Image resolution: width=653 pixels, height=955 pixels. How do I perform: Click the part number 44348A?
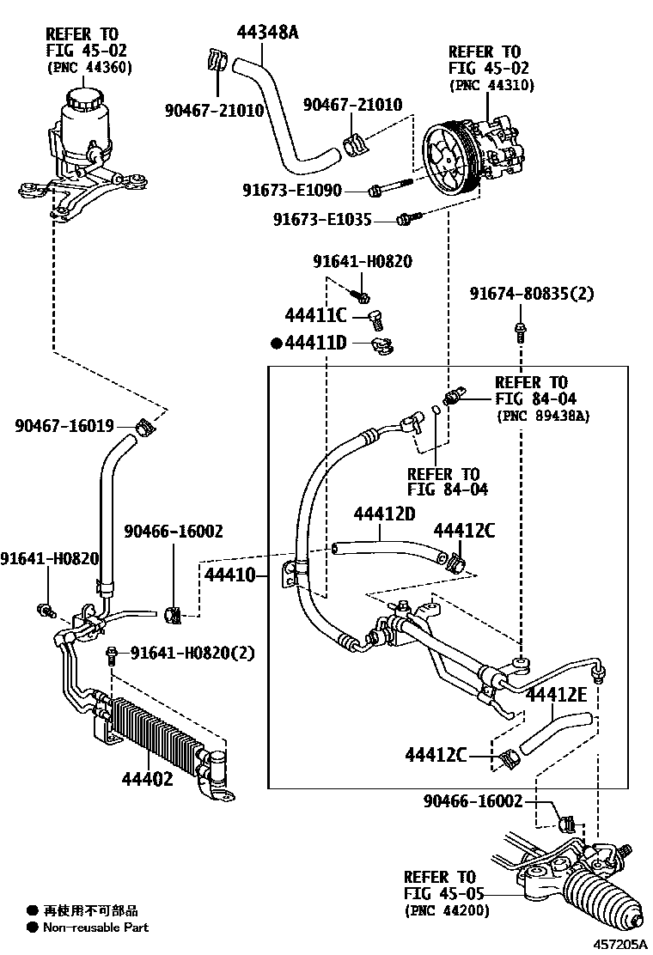tap(267, 32)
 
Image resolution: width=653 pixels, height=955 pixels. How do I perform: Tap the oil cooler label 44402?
tap(148, 778)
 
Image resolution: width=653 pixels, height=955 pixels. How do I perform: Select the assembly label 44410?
tap(229, 575)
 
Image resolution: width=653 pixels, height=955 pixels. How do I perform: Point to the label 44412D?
tap(384, 514)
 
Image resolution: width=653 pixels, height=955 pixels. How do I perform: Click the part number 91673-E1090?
tap(292, 190)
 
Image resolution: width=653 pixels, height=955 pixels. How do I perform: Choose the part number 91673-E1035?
tap(322, 219)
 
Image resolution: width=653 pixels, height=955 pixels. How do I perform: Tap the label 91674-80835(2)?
tap(531, 294)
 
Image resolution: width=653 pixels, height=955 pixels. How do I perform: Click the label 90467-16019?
tap(64, 425)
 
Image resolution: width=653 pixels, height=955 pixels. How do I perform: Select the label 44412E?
tap(556, 694)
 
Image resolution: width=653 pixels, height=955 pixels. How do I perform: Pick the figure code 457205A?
tap(620, 944)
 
